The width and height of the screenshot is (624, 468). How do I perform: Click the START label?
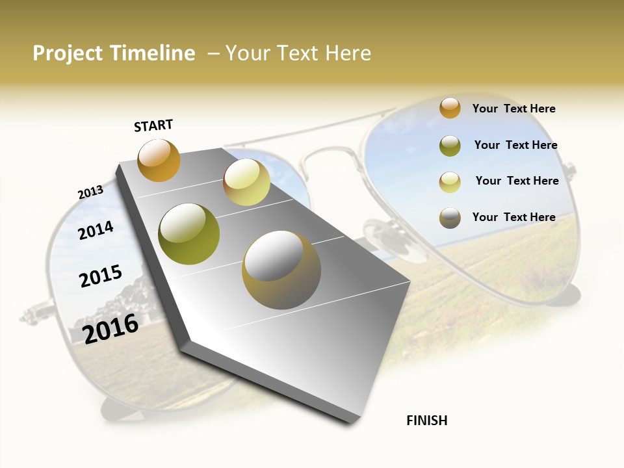(153, 125)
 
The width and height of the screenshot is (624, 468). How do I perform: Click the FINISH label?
(427, 421)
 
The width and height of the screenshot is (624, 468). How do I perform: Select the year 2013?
(90, 192)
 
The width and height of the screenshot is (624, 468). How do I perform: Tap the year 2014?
(96, 230)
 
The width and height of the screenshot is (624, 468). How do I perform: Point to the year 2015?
(101, 276)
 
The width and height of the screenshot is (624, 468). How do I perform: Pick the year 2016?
(110, 328)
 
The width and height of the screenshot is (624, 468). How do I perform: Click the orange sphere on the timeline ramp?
(159, 160)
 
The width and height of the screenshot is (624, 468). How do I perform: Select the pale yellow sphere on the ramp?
(246, 182)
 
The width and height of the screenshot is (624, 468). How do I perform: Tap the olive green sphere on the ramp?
(189, 234)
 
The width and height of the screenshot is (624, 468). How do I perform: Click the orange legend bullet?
(450, 108)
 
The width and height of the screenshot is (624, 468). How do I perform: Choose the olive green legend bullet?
(450, 145)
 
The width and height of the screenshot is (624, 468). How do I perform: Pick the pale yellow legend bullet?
(450, 181)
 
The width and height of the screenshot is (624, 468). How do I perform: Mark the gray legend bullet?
(450, 218)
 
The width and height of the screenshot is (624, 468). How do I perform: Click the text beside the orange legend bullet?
(513, 109)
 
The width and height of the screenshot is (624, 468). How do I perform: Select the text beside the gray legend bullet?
(513, 217)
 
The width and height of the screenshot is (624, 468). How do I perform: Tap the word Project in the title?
(67, 53)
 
